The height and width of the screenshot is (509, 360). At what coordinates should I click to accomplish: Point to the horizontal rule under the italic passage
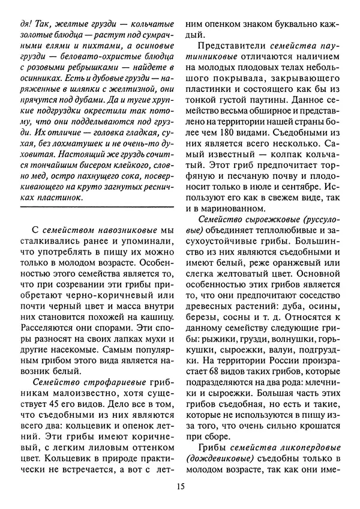[96, 207]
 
